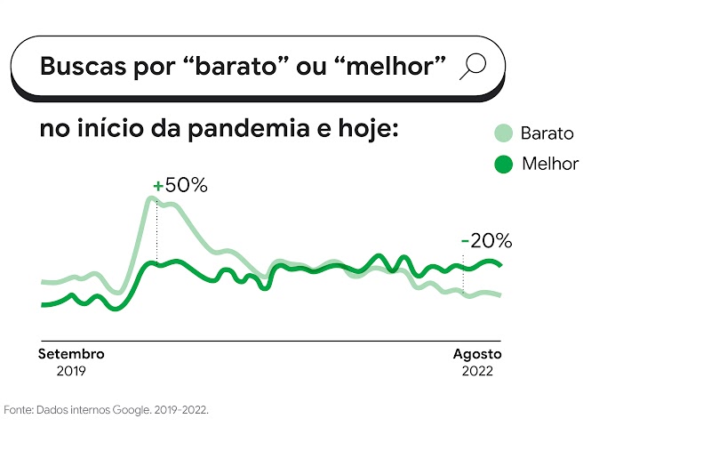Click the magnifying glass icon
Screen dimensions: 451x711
(474, 67)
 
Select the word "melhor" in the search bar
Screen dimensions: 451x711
(389, 67)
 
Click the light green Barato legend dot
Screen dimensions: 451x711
(503, 134)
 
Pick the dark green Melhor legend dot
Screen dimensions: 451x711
(503, 164)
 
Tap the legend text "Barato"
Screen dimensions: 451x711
(547, 134)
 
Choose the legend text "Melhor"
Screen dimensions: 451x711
(550, 164)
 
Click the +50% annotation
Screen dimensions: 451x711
(180, 186)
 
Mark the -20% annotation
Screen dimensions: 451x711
(486, 240)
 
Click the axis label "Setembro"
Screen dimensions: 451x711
(71, 354)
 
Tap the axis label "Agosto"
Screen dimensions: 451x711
(477, 354)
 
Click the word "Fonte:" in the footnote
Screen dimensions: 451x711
(18, 411)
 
